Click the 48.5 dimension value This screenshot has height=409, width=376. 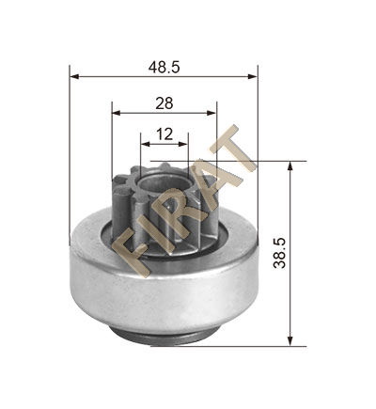coord(164,67)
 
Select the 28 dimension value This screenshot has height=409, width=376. coord(164,103)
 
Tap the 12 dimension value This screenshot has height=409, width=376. coord(164,134)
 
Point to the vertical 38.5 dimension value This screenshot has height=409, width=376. coord(279,253)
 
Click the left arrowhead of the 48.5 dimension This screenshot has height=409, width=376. coord(74,76)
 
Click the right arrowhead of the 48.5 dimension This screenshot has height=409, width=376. coord(253,76)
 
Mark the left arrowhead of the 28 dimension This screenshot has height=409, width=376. coord(117,113)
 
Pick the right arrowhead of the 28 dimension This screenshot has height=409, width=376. coord(211,113)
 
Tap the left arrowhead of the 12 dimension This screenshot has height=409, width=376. coord(145,144)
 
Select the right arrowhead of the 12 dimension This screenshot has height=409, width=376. coord(183,144)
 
